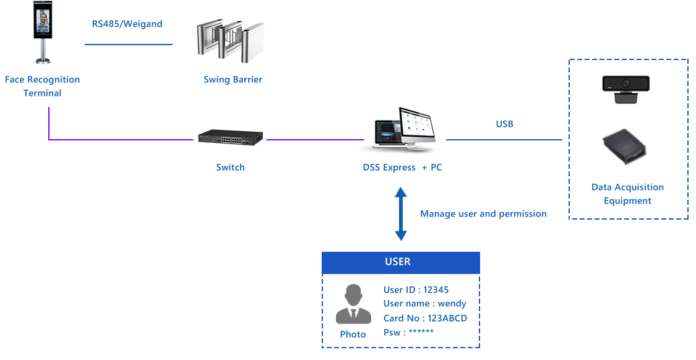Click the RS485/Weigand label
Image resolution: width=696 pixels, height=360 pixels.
(x=127, y=24)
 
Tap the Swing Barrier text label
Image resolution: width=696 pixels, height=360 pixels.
(x=233, y=80)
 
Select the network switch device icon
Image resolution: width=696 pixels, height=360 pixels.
(x=230, y=139)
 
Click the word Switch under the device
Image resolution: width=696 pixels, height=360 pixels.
(x=230, y=168)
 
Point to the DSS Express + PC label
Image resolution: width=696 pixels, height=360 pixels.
(x=402, y=168)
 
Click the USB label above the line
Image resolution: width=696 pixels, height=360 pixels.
(x=504, y=124)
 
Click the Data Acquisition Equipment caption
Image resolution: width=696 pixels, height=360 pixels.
(x=627, y=194)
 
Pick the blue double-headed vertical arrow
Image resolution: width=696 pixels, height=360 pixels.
(x=401, y=214)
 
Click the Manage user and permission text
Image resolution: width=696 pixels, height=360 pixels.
(x=483, y=214)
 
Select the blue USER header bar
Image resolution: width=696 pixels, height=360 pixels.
(x=400, y=262)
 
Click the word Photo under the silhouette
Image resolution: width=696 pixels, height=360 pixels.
(x=353, y=335)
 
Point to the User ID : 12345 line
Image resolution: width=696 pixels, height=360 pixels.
(x=416, y=290)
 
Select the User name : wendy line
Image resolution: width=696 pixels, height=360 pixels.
(x=424, y=304)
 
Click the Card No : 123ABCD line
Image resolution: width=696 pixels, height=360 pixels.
(x=425, y=319)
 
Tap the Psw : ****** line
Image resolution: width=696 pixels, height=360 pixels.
(x=408, y=333)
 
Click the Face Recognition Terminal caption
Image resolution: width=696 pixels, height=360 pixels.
(x=42, y=87)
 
